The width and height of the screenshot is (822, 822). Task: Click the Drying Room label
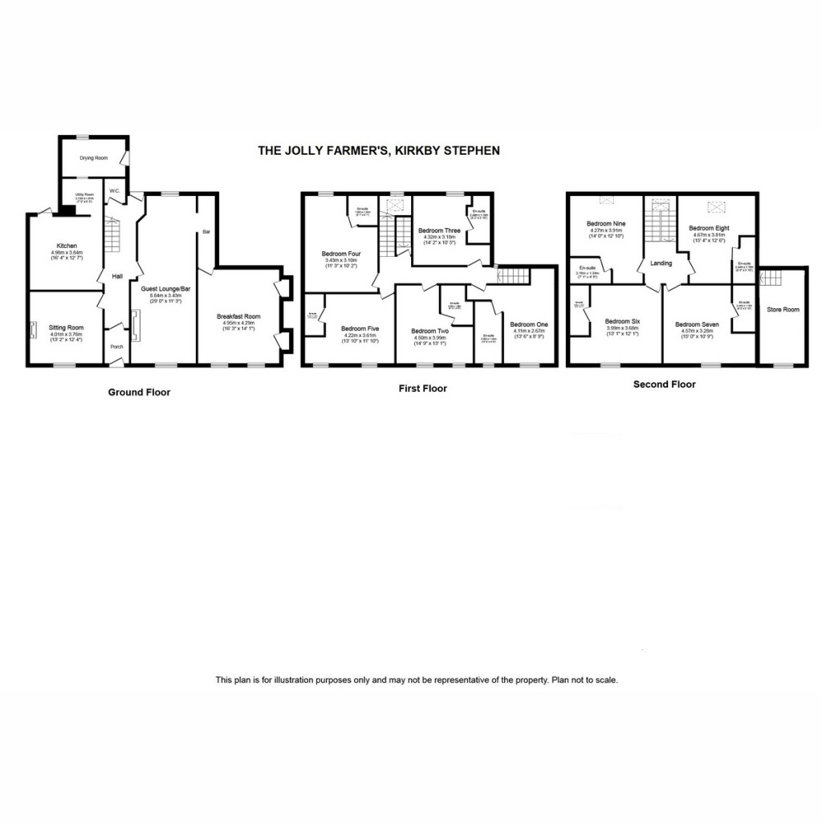tap(93, 158)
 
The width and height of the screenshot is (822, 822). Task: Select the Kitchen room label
tap(66, 246)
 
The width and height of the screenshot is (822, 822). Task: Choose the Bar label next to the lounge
tap(205, 231)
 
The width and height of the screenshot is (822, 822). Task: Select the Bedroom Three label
tap(438, 230)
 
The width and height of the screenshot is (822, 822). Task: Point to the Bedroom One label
tap(527, 324)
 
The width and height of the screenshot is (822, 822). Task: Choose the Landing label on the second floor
tap(661, 263)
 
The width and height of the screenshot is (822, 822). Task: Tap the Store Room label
tap(783, 309)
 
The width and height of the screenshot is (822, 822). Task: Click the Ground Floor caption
tap(140, 393)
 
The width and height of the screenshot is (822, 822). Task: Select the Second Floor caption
tap(664, 385)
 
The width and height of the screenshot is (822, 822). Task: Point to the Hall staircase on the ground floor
tap(112, 234)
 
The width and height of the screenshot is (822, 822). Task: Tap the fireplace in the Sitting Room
tap(34, 331)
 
